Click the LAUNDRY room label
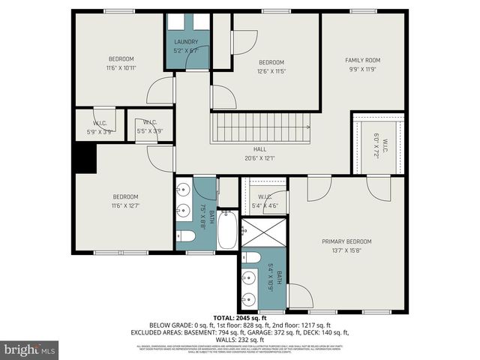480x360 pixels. point(186,42)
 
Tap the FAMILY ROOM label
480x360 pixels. point(362,60)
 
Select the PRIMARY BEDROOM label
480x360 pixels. point(346,241)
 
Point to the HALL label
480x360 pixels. point(259,148)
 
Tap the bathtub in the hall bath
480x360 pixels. point(227,231)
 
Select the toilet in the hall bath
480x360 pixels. point(187,236)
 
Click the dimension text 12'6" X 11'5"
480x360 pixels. point(271,71)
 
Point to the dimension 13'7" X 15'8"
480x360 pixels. point(346,250)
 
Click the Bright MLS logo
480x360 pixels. point(30,349)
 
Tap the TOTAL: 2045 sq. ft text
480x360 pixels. point(239,317)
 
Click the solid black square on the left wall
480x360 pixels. point(85,158)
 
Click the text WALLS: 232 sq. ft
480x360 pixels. point(239,338)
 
